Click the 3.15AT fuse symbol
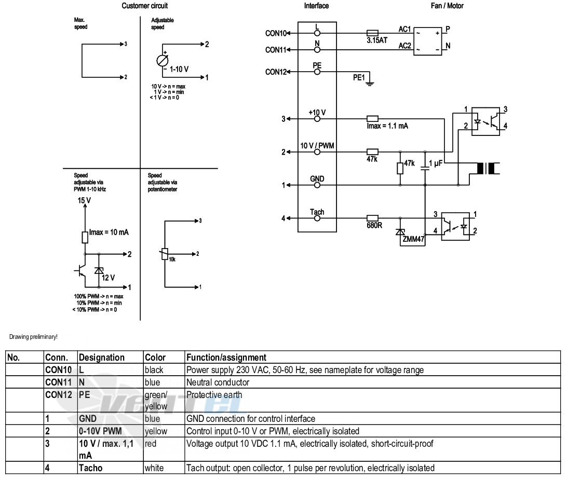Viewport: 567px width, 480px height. pos(372,33)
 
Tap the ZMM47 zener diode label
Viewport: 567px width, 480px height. pos(413,239)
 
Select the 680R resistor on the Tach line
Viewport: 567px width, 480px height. pos(372,218)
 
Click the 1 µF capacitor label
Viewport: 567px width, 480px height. pos(436,163)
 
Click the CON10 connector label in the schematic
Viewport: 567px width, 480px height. pos(276,33)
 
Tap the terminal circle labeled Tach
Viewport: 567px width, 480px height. pos(317,218)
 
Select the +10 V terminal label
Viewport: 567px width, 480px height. pos(317,113)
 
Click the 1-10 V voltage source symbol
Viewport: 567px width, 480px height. pos(163,60)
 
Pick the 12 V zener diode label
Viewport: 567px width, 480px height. pos(108,278)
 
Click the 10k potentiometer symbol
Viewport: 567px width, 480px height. pos(165,254)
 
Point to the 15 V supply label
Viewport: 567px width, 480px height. pos(84,200)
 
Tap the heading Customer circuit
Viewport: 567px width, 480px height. pos(145,6)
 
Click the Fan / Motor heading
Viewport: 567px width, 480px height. pos(447,6)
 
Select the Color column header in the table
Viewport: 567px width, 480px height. pos(155,358)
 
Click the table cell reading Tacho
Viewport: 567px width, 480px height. pos(91,468)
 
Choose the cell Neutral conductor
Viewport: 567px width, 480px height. pos(218,382)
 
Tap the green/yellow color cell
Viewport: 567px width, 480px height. pos(156,401)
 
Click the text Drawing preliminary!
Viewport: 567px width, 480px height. pos(33,337)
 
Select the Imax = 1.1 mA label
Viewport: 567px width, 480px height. pos(387,126)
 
